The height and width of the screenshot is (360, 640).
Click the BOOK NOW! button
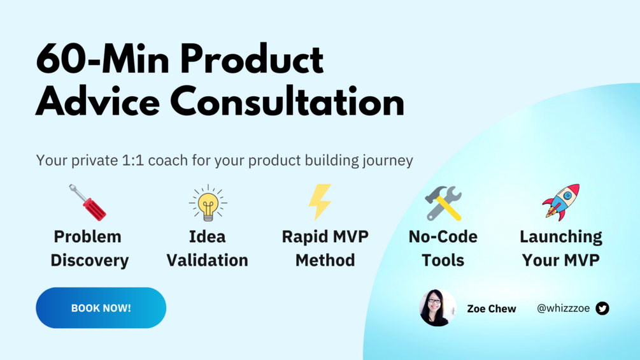point(101,308)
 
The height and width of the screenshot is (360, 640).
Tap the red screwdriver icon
point(88,203)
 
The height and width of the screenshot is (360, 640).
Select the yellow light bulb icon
point(208,203)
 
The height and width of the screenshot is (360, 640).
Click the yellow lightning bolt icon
point(320,202)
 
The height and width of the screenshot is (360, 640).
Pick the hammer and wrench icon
point(443,203)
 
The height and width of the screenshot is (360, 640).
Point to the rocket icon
point(561,203)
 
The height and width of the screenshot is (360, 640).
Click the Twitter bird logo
point(602,308)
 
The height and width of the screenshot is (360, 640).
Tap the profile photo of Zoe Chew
point(437,308)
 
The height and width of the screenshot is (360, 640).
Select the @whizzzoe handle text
point(564,308)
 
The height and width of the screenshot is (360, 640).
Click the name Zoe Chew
point(492,308)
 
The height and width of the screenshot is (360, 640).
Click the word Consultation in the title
point(287,102)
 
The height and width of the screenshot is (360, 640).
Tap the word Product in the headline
point(252,59)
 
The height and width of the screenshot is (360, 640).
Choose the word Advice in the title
point(97,102)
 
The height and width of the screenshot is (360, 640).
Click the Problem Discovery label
point(89,248)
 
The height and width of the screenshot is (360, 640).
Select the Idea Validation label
point(208,248)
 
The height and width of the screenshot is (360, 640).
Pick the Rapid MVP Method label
point(325,248)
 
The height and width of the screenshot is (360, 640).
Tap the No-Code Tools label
point(443,248)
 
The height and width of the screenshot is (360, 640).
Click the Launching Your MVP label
point(561,248)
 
